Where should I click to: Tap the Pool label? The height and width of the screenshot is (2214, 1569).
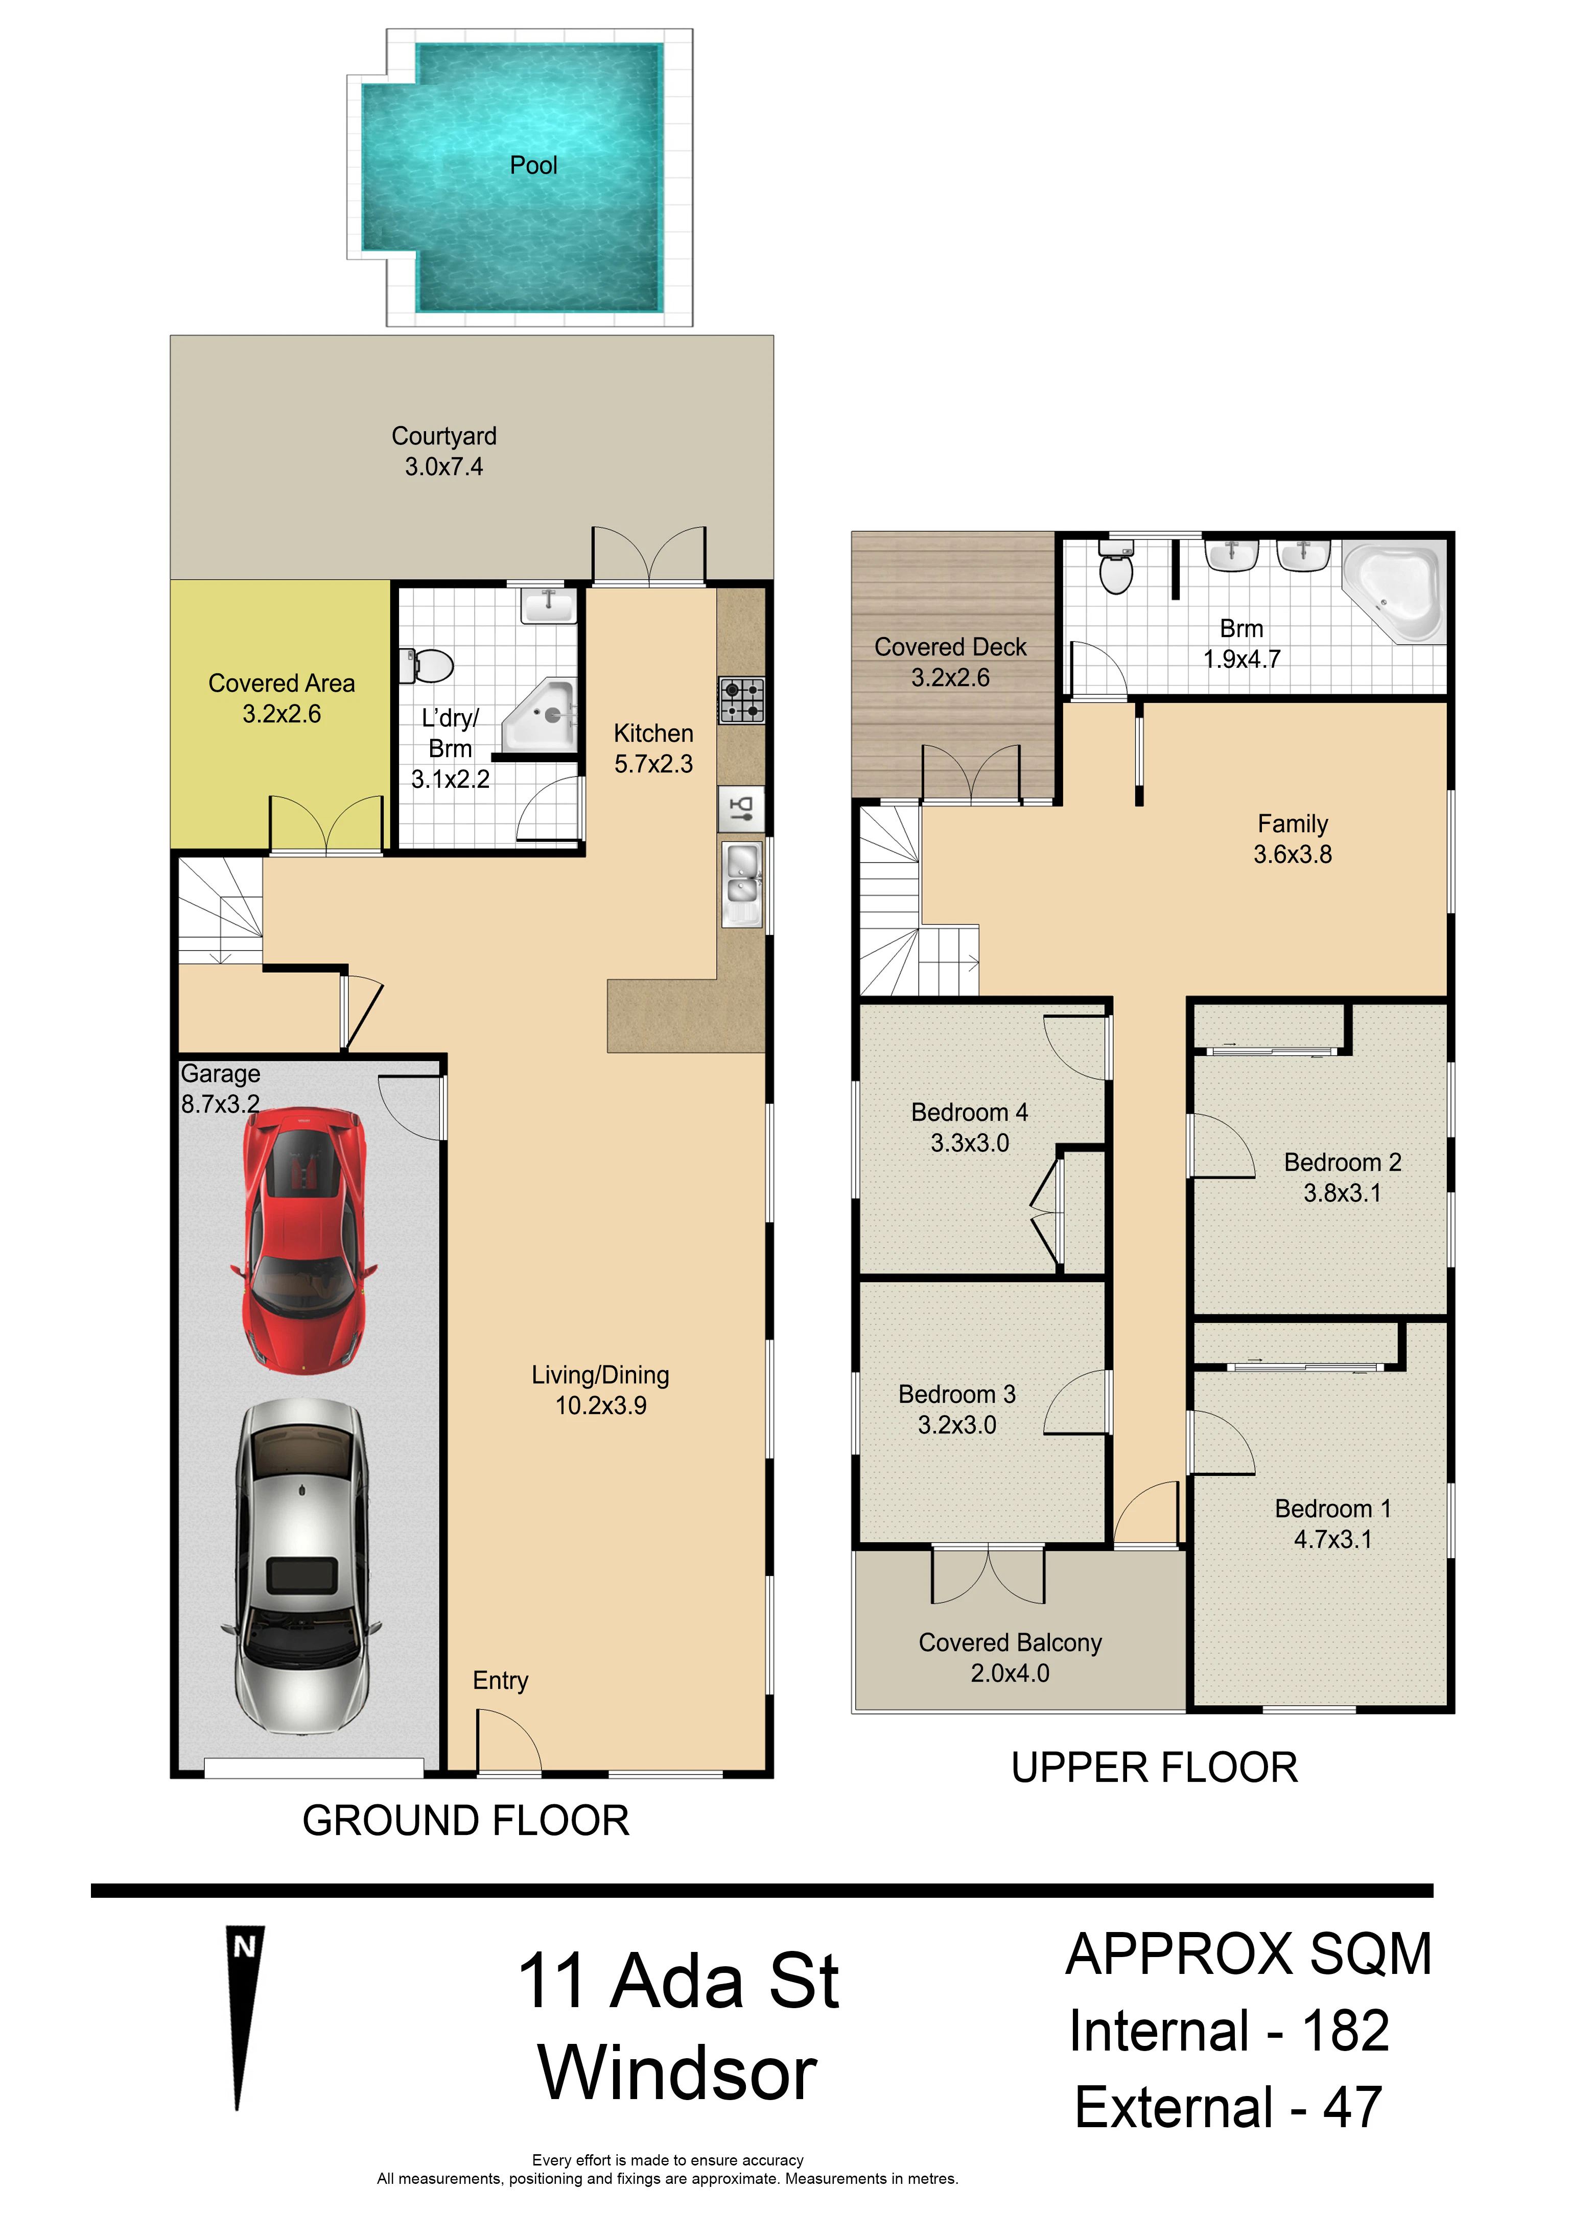[533, 165]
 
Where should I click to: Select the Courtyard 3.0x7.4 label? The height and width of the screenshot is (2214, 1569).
[444, 451]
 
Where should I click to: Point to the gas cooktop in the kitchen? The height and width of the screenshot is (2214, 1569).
[741, 700]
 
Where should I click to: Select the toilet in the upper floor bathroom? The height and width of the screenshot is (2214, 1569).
[1117, 568]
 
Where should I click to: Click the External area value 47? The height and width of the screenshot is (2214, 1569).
[1352, 2108]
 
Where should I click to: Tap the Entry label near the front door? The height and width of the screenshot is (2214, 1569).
[501, 1681]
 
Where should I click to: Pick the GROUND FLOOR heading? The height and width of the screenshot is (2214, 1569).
[465, 1821]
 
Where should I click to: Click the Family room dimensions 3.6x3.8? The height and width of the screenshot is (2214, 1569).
[1293, 854]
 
